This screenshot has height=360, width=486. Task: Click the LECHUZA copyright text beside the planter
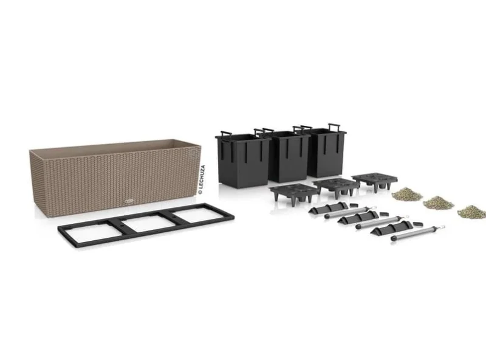tap(202, 180)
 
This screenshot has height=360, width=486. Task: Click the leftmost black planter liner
tap(243, 159)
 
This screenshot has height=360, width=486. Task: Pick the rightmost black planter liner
tap(326, 153)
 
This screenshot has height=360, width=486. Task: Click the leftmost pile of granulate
tap(406, 194)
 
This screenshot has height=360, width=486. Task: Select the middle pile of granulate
tap(438, 202)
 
